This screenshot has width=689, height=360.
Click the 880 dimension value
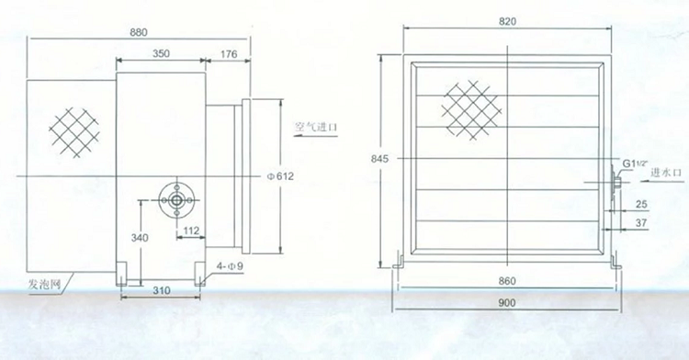pos(139,32)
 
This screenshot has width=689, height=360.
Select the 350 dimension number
pos(161,53)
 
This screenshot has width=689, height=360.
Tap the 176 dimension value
pos(229,54)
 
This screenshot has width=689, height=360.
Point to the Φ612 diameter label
pos(280,176)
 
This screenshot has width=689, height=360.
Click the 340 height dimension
pos(140,238)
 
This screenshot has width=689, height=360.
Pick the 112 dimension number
pos(191,231)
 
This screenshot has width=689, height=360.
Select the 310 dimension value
pos(162,290)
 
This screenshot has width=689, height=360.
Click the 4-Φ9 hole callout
pos(230,266)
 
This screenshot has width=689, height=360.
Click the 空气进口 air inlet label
pos(316,128)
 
